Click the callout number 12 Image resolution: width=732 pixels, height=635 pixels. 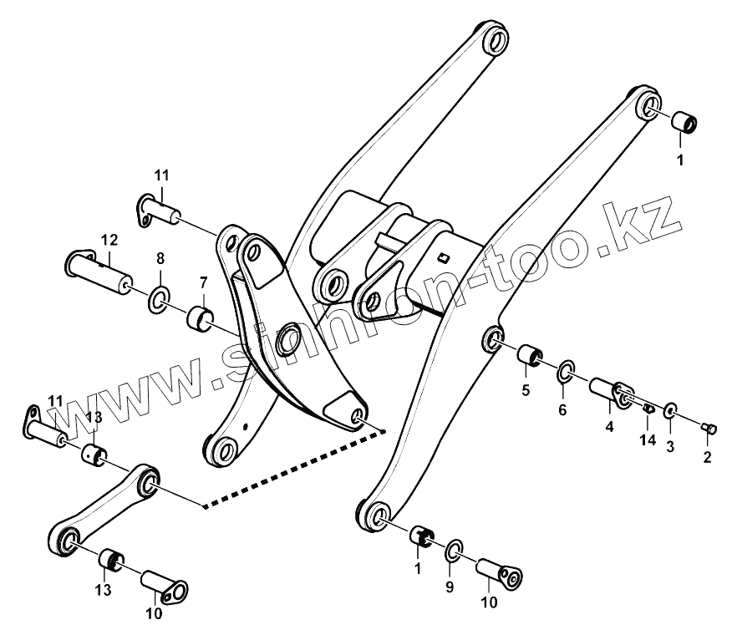[109, 240]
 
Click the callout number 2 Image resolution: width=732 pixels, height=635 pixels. [707, 456]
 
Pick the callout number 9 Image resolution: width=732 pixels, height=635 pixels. [449, 587]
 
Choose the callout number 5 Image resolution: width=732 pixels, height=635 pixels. [526, 389]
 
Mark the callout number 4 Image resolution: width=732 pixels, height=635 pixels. [609, 426]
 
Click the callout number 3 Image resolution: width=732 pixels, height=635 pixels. [670, 448]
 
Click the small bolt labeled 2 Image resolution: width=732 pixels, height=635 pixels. [709, 429]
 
